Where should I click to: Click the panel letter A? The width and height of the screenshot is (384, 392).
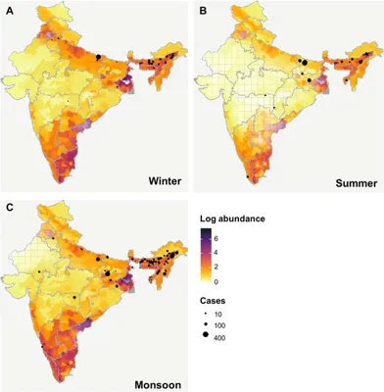pyautogui.click(x=10, y=10)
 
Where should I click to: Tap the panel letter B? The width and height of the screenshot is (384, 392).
pyautogui.click(x=203, y=10)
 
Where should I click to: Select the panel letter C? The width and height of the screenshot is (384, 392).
pyautogui.click(x=10, y=207)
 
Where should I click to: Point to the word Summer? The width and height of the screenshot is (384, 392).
pyautogui.click(x=357, y=183)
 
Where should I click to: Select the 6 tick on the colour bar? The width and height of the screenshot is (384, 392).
pyautogui.click(x=241, y=237)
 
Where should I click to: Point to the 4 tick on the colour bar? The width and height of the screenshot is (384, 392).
pyautogui.click(x=241, y=252)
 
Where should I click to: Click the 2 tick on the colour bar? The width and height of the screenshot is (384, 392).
pyautogui.click(x=241, y=267)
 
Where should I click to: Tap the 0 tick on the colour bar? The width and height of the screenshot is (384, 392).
pyautogui.click(x=241, y=281)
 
